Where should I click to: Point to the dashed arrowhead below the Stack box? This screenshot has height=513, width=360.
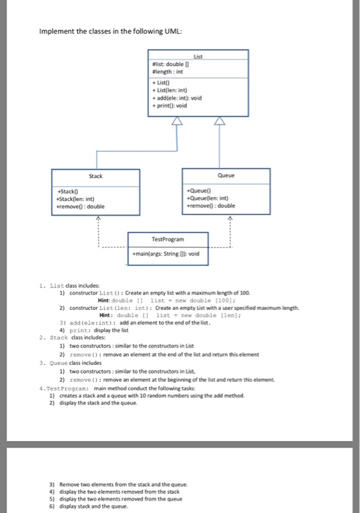pos(95,217)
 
